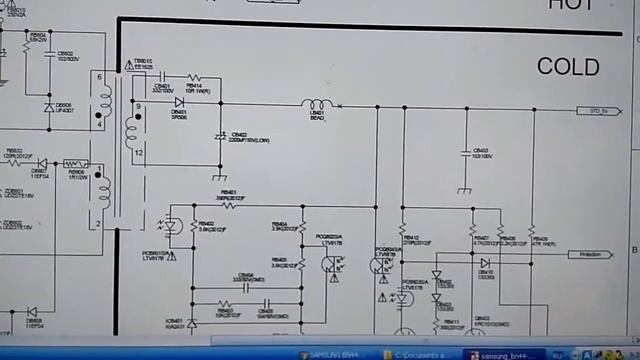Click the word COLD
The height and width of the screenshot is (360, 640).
[568, 67]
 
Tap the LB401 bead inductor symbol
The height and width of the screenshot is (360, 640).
[317, 104]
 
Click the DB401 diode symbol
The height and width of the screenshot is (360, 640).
[180, 102]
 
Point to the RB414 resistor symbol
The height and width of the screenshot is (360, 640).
[194, 77]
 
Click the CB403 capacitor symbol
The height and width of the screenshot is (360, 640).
[465, 153]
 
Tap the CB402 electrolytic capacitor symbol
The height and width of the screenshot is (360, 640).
[220, 136]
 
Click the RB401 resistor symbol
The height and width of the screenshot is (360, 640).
[228, 204]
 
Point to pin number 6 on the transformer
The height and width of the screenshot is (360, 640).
[98, 76]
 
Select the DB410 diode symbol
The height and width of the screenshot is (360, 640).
[485, 263]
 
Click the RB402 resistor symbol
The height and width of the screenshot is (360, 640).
[192, 227]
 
